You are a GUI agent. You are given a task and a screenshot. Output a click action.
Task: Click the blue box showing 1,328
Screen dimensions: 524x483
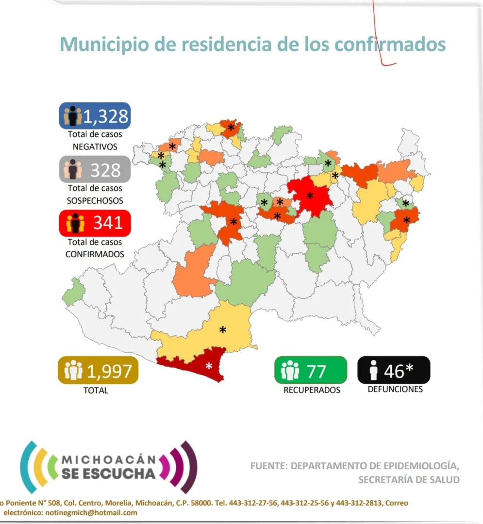tap(95, 115)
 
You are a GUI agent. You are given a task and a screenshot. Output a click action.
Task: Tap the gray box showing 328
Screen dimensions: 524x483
tap(95, 169)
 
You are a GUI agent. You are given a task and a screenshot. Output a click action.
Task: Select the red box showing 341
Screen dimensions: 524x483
tap(95, 223)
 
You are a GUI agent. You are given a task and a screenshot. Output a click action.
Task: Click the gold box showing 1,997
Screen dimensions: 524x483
tap(98, 371)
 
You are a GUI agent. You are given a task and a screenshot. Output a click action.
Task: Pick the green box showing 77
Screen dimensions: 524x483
tap(311, 370)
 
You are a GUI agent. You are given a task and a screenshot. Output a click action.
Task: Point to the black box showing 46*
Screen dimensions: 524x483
tap(394, 370)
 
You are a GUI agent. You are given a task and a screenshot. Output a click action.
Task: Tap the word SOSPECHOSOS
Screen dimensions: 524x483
tap(95, 200)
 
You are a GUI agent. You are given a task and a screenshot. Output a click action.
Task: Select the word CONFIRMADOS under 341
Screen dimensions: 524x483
tap(95, 254)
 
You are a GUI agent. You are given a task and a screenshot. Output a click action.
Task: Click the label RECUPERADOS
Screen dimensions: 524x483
tap(312, 390)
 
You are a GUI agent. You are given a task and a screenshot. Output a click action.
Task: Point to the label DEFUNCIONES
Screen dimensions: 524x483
tap(395, 389)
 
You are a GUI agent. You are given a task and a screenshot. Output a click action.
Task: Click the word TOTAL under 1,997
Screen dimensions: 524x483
tap(96, 390)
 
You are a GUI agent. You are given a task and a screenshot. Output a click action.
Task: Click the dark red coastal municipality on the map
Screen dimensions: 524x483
tap(194, 364)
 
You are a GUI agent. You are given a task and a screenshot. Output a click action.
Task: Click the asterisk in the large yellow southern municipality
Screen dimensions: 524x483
tap(222, 330)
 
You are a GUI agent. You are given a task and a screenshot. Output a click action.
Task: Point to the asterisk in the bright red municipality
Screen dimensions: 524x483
tap(310, 196)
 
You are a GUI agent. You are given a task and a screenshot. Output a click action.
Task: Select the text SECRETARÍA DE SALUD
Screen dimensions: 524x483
tap(409, 480)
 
